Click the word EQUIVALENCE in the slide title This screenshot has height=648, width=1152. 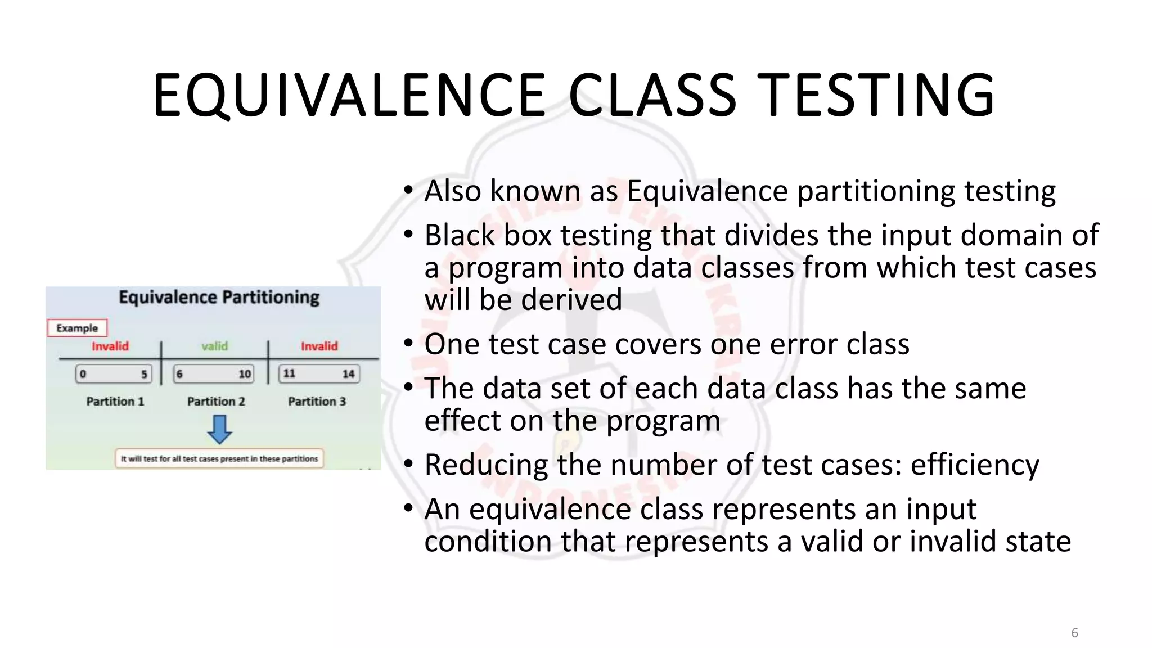349,96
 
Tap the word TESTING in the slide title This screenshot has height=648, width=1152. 877,96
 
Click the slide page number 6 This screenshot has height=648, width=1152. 1074,633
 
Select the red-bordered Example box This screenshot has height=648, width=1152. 77,328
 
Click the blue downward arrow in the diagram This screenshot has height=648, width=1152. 219,429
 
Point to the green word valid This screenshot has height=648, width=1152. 215,346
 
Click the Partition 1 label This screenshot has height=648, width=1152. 115,401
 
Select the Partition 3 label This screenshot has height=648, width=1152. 317,401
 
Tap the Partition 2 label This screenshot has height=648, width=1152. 216,401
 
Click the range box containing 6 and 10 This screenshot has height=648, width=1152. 214,374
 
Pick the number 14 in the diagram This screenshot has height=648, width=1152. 348,374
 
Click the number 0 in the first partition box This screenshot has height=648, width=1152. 83,374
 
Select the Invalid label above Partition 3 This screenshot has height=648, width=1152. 319,346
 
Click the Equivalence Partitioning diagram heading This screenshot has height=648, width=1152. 219,297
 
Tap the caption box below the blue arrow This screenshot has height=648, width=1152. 219,458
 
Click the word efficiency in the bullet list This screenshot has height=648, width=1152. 974,465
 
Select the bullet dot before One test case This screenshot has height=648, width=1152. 409,343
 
